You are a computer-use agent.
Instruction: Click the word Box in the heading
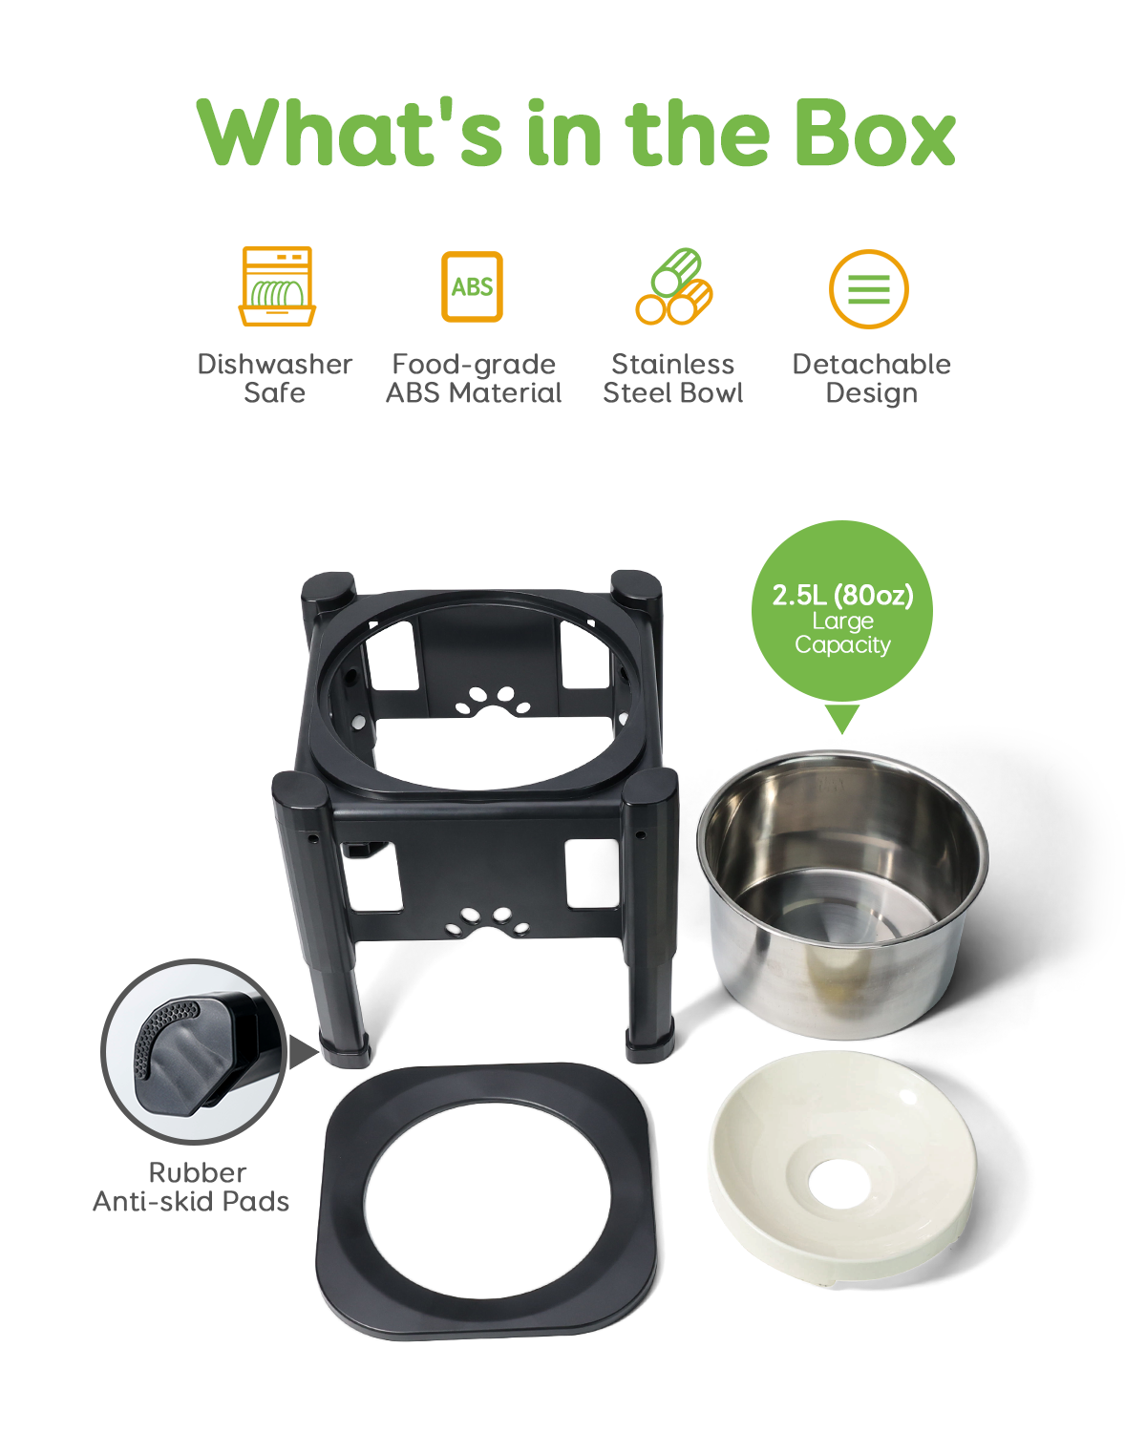pyautogui.click(x=874, y=134)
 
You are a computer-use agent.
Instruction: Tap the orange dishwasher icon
pyautogui.click(x=277, y=286)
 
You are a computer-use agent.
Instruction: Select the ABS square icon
pyautogui.click(x=472, y=286)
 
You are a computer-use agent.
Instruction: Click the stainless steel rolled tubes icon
pyautogui.click(x=674, y=286)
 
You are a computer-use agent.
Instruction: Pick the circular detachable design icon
pyautogui.click(x=868, y=288)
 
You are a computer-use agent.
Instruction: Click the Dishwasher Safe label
pyautogui.click(x=275, y=378)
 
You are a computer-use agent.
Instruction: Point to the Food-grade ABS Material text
pyautogui.click(x=474, y=378)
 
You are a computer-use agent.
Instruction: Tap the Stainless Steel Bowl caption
pyautogui.click(x=673, y=378)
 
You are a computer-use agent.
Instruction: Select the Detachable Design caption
pyautogui.click(x=871, y=378)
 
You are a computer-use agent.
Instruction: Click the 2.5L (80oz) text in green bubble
pyautogui.click(x=842, y=595)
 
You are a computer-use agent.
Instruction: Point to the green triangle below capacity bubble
pyautogui.click(x=842, y=718)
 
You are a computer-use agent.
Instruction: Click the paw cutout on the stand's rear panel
pyautogui.click(x=493, y=702)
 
